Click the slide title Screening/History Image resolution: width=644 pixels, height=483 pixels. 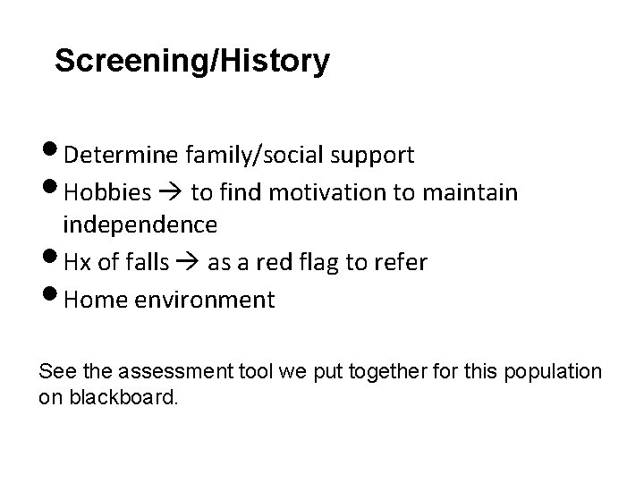point(191,62)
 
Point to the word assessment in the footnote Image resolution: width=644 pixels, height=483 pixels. point(159,370)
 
